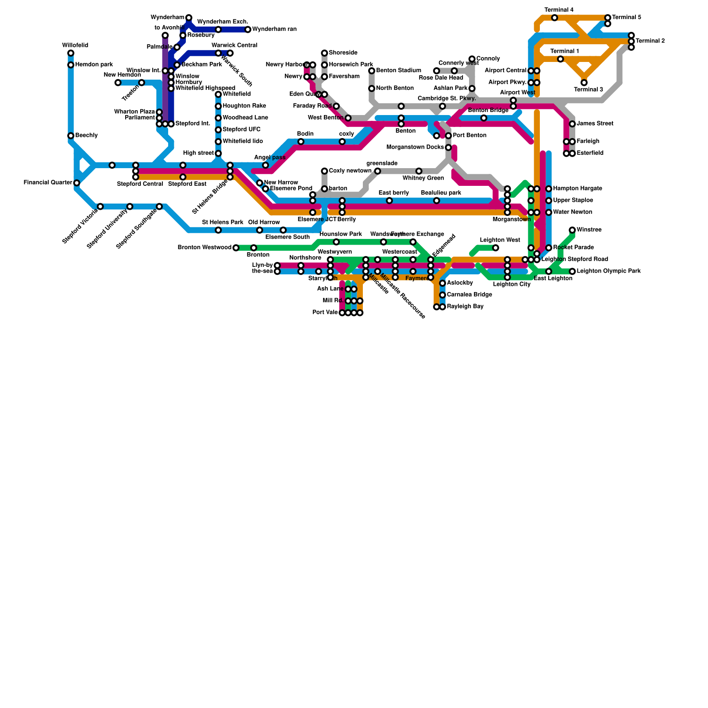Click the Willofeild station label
click(75, 46)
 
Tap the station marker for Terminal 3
click(584, 83)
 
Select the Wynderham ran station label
click(274, 30)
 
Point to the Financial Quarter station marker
click(77, 183)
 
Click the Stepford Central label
click(140, 184)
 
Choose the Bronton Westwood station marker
click(236, 248)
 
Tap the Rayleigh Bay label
click(465, 307)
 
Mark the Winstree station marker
click(572, 230)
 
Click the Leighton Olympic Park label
click(608, 271)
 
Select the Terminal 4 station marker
click(554, 18)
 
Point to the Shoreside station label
click(343, 53)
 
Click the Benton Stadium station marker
click(372, 71)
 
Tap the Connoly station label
click(488, 59)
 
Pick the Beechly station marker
click(71, 136)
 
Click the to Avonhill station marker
click(165, 35)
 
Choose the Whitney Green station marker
click(419, 171)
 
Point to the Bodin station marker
click(301, 142)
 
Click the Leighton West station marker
click(496, 248)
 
